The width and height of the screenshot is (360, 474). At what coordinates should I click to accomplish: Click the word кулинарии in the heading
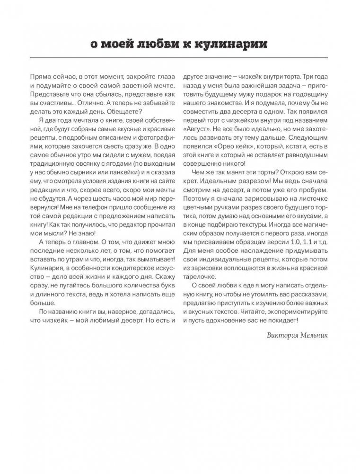234,44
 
